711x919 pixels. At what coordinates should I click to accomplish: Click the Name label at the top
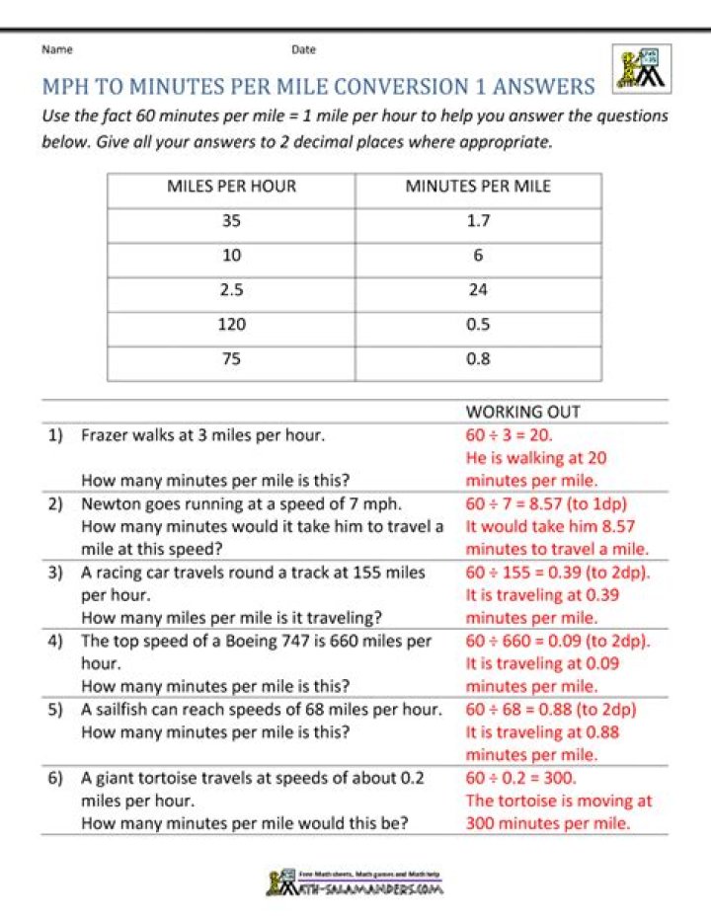pos(56,49)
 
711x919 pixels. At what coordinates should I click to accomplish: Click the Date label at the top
pos(303,49)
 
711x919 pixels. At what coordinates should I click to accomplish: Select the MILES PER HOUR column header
pos(231,187)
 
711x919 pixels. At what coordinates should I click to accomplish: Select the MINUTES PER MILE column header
pos(478,187)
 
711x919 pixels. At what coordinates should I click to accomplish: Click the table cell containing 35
pos(231,221)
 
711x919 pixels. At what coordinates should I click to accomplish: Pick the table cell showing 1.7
pos(478,221)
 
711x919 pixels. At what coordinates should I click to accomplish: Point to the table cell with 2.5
pos(231,290)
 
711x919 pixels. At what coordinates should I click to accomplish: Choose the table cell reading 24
pos(478,290)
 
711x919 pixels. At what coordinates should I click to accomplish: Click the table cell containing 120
pos(231,325)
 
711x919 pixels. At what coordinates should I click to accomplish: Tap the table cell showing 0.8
pos(478,359)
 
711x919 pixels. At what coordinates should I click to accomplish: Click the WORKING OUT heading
pos(523,412)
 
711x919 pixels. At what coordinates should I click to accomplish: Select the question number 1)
pos(56,434)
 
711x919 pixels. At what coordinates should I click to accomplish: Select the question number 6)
pos(56,778)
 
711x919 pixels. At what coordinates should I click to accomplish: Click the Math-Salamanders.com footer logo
pos(355,881)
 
